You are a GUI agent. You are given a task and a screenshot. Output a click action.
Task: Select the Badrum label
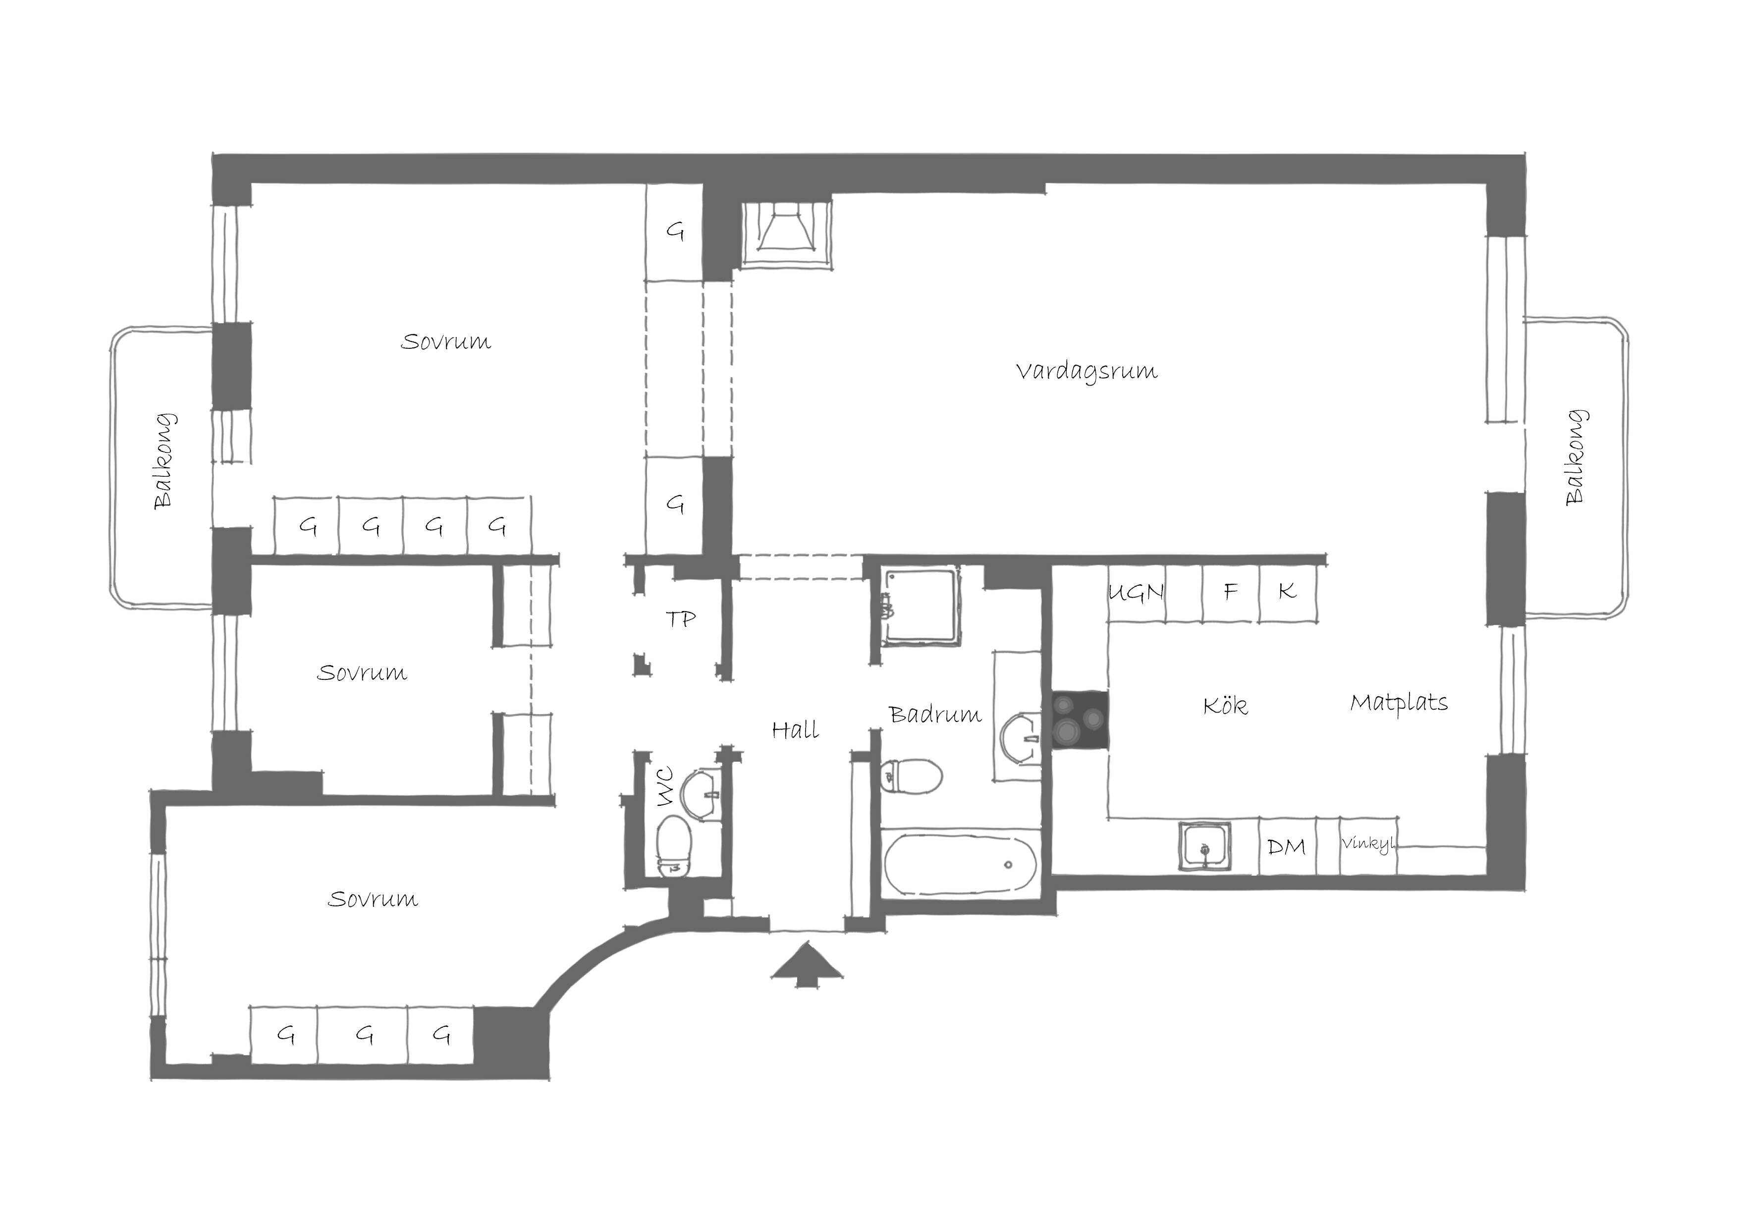point(935,714)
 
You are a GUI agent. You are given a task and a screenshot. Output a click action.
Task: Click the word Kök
point(1225,706)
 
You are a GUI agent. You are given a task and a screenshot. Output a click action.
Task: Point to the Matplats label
point(1399,703)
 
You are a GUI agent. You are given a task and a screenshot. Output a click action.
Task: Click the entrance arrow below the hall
point(807,963)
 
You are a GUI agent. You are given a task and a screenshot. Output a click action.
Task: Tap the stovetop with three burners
point(1080,720)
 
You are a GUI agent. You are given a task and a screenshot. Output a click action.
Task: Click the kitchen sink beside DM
point(1204,846)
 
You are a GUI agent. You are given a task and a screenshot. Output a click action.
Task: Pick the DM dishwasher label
point(1286,846)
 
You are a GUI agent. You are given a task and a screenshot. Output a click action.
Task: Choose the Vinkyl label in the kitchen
point(1368,843)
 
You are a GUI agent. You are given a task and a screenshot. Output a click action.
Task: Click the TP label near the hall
point(681,619)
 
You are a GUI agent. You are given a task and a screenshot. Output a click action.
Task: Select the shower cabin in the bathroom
point(921,607)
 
